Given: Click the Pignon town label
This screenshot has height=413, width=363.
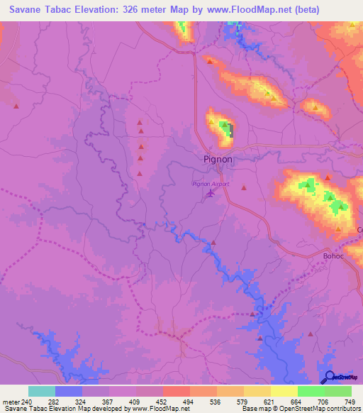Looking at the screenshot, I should pos(218,160).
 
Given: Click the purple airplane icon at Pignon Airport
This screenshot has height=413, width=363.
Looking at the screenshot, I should pos(210,193).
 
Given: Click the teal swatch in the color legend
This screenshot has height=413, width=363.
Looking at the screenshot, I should pos(42,391).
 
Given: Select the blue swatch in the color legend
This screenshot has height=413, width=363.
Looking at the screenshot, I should pos(69,391).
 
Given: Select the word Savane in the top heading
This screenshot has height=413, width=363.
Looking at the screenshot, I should pos(28,10).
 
